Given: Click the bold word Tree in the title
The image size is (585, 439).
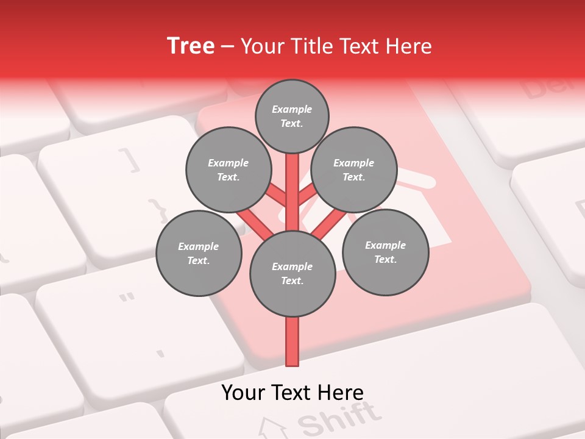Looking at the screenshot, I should point(191,46).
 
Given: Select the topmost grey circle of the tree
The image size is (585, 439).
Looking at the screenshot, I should point(292,116).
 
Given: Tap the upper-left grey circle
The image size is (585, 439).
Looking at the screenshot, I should point(229,170).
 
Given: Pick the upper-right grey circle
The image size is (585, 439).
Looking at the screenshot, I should point(354,170).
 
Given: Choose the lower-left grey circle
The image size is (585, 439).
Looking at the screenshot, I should point(199,253).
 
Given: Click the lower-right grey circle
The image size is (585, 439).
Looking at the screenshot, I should point(385,252).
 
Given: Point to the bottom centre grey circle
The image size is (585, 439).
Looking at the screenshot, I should point(292,274).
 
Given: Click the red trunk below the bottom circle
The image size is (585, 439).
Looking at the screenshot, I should point(292,341).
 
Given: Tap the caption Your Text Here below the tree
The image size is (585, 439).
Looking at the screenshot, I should point(292,393).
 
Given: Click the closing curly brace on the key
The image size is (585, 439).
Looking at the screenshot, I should point(159,209).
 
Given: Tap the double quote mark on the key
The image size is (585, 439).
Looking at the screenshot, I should point(127,299).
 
